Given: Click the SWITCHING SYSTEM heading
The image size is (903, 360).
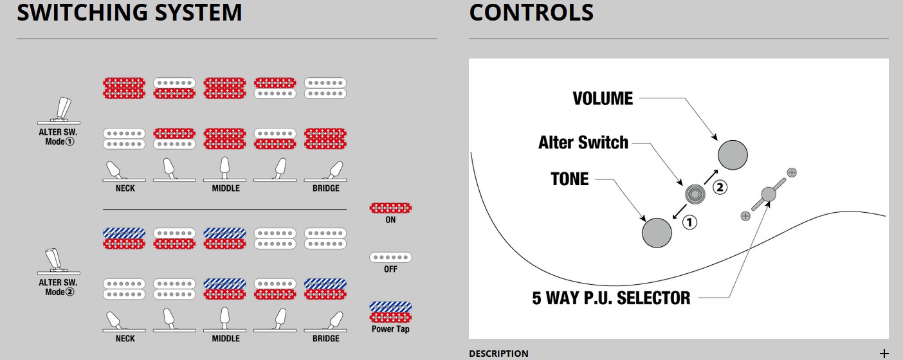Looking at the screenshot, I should coord(129,13).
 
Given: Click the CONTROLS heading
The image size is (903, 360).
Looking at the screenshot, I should coord(531,13).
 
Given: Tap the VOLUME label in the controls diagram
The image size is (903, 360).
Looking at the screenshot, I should coord(603,98).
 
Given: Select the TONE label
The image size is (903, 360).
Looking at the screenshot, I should coord(570,179).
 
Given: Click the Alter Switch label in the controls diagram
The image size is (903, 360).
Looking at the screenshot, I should coord(583,142).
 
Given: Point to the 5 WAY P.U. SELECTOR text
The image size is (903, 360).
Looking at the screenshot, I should coord(611,298).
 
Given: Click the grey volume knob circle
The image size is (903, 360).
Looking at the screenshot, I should coord(733,155).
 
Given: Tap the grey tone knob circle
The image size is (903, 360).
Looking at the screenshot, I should coord(657,232).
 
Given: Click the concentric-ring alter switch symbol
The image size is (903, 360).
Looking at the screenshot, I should coord(695,194).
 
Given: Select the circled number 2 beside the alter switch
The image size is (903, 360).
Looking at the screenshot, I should coord(720,188).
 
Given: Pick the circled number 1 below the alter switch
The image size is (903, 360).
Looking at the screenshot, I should coord(689,222).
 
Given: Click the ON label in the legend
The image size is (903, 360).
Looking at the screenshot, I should coord(390,220).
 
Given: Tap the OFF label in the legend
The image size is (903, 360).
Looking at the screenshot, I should coord(390,269).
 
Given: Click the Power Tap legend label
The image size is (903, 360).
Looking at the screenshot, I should coord(390,329).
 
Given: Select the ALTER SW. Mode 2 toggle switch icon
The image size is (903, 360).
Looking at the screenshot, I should coord(59,260).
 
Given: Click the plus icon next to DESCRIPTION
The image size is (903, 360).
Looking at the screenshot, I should coord(884,354).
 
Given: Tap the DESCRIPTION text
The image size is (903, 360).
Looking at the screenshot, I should coord(498,354).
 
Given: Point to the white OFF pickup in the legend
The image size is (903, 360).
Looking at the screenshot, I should coord(390,257).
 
